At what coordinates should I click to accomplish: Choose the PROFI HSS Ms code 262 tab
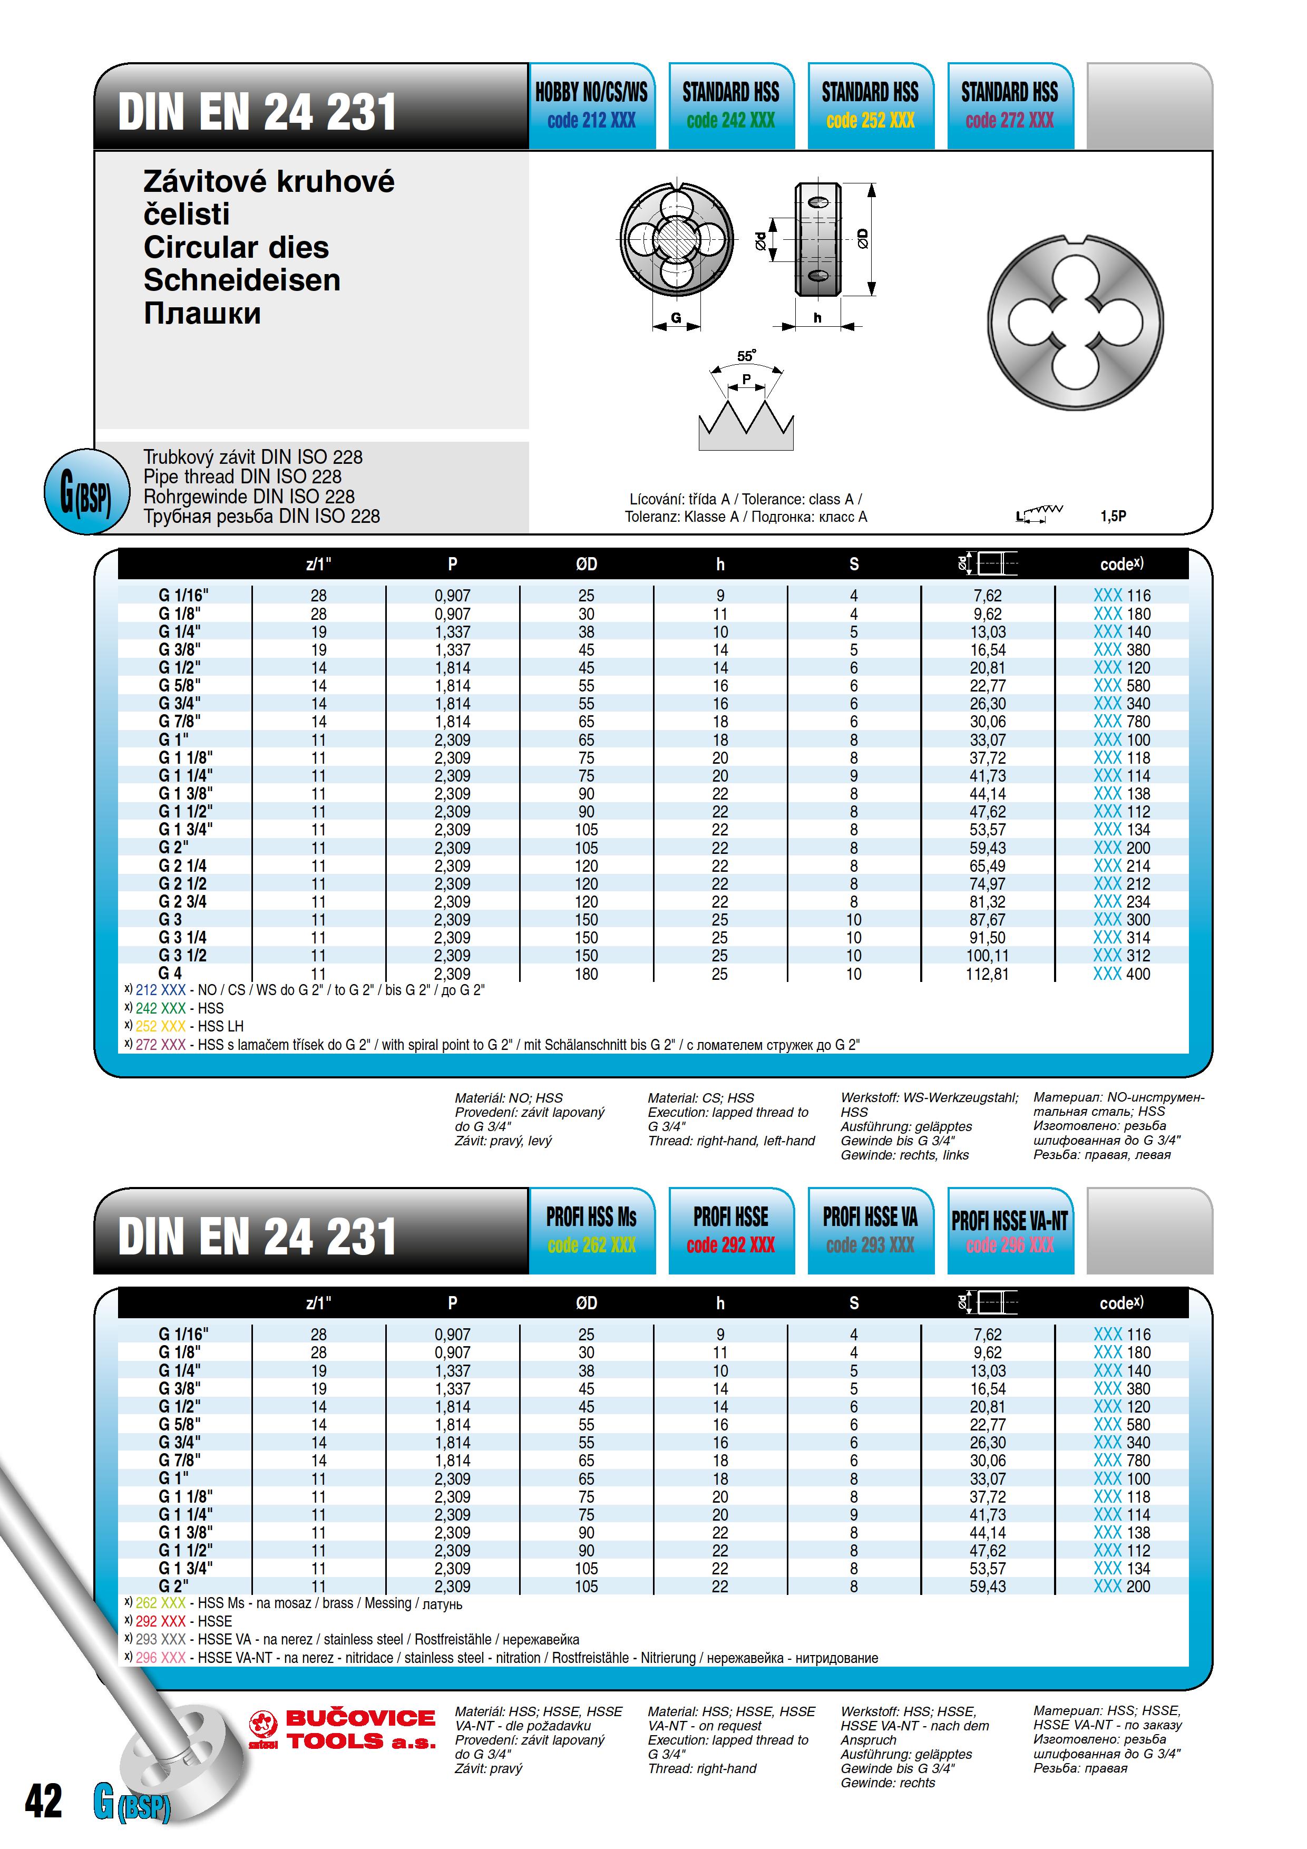592,1231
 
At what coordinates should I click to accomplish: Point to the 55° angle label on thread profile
746,355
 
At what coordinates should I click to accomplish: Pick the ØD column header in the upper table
586,565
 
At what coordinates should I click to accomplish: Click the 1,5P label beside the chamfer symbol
1113,516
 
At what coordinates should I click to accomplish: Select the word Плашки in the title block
202,313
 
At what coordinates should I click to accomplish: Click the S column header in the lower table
854,1303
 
